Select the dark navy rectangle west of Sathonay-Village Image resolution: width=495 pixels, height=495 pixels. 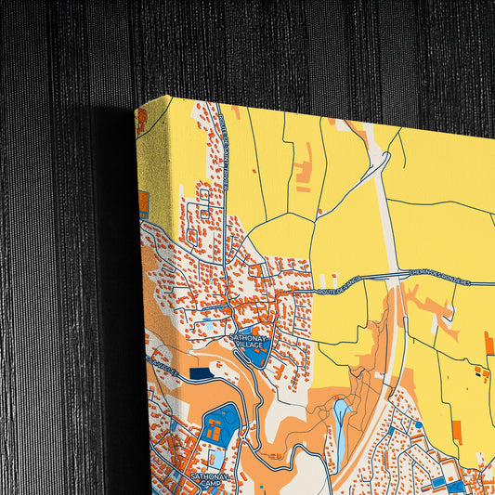click(201, 372)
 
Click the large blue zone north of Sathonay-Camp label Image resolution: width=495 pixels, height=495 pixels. click(223, 423)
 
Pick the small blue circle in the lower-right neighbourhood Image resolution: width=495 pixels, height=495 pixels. click(418, 424)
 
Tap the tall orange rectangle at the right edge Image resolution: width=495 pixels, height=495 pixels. click(488, 344)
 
